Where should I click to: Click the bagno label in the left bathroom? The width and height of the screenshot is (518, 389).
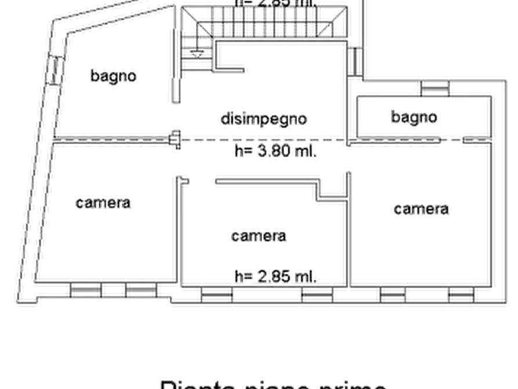coord(114,75)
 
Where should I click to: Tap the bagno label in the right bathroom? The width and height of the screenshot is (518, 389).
coord(414,117)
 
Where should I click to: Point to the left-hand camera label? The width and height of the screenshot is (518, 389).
coord(103,203)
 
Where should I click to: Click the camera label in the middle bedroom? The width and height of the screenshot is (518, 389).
coord(258,235)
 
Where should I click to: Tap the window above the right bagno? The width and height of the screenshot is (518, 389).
coord(435,87)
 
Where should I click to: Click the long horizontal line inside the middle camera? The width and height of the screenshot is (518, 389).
coord(264,182)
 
